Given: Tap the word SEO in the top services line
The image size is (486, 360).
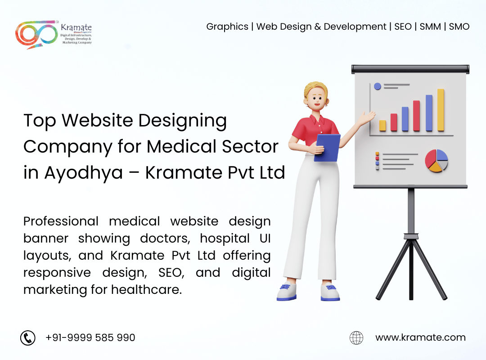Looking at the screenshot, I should pos(403,27).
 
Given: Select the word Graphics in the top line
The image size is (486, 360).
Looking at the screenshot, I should pos(227,27).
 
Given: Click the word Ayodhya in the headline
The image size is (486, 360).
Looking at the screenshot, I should pos(83,172).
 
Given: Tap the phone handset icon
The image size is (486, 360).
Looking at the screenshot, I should pos(28,337).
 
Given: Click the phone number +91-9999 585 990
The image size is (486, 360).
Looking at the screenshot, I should pos(90,337).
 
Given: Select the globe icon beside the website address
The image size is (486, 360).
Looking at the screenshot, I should pos(356,337).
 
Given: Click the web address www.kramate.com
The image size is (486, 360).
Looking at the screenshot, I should pos(420,337).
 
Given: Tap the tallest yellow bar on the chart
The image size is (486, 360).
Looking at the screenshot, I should pos(441,110).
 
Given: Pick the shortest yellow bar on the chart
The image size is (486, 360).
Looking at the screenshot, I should pos(382,126).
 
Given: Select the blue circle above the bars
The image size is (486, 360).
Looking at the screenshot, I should pos(378,86).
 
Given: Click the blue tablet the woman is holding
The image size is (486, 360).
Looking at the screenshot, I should pos(327,147).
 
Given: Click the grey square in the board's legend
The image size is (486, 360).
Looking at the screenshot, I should pos(377,168).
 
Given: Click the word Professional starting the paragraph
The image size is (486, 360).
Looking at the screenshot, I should pos(61,221).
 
